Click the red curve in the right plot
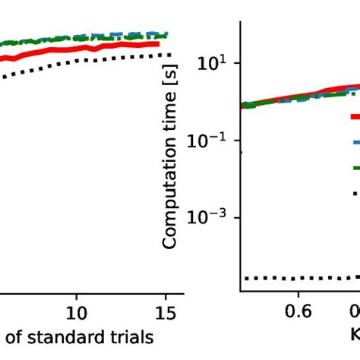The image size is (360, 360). (304, 94)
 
